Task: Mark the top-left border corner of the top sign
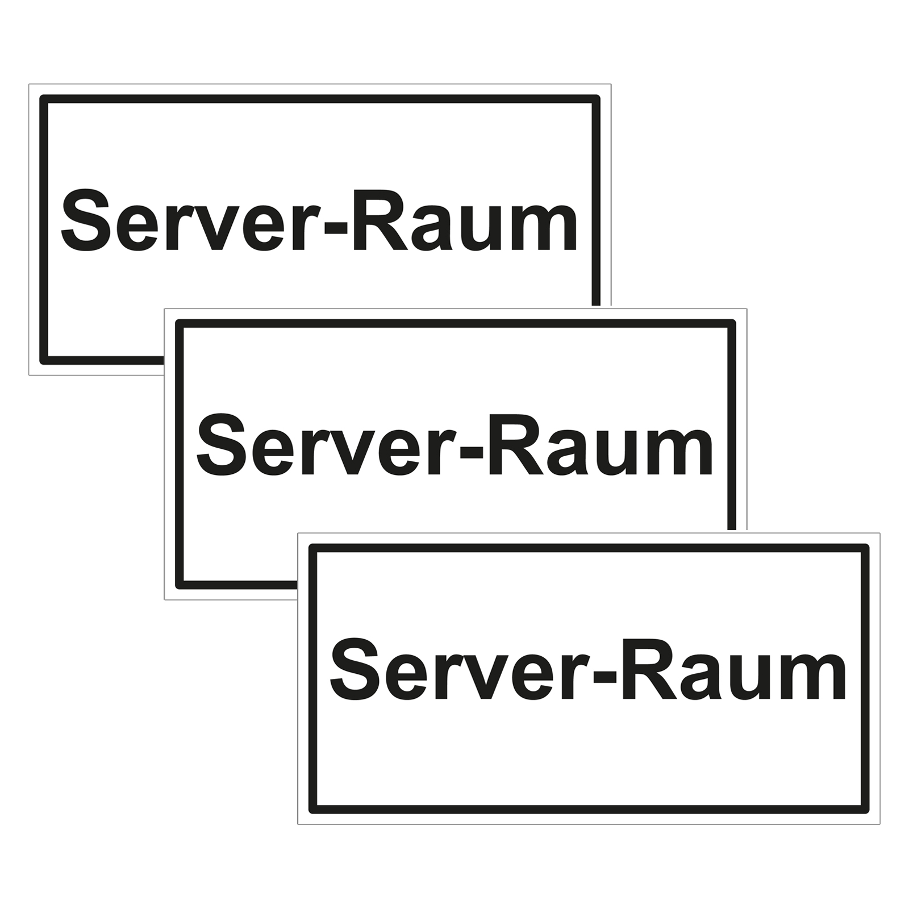point(44,99)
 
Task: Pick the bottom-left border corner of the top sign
point(44,360)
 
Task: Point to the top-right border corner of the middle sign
point(732,324)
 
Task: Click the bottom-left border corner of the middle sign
point(180,585)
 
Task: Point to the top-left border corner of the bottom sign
point(313,548)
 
